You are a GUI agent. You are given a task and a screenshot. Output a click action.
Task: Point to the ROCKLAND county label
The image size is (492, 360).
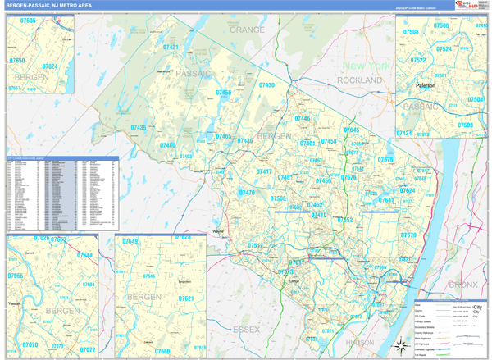click(x=359, y=80)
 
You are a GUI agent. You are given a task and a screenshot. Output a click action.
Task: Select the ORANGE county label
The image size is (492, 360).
click(x=247, y=30)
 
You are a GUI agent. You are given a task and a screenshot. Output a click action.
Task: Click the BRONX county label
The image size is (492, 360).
click(x=462, y=285)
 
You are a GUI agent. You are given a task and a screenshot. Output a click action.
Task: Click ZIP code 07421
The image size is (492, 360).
click(x=171, y=48)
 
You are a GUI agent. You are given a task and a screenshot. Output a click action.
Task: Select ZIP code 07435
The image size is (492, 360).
click(x=139, y=128)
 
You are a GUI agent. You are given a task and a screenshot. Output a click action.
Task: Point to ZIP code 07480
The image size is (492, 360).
click(x=167, y=145)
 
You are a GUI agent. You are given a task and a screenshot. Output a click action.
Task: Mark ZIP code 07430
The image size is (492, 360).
click(x=266, y=85)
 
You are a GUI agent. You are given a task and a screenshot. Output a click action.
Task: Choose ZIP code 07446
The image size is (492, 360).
click(x=302, y=119)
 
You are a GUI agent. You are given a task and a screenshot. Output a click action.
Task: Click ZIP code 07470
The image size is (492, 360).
click(x=247, y=193)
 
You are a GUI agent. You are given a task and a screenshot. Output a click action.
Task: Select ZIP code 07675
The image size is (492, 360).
click(x=385, y=160)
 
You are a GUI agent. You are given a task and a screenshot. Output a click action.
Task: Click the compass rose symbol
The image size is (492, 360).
click(x=400, y=345)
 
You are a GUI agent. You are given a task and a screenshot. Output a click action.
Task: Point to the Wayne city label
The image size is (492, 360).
click(x=218, y=233)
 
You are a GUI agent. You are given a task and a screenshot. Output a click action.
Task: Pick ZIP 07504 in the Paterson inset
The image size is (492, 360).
click(x=475, y=99)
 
